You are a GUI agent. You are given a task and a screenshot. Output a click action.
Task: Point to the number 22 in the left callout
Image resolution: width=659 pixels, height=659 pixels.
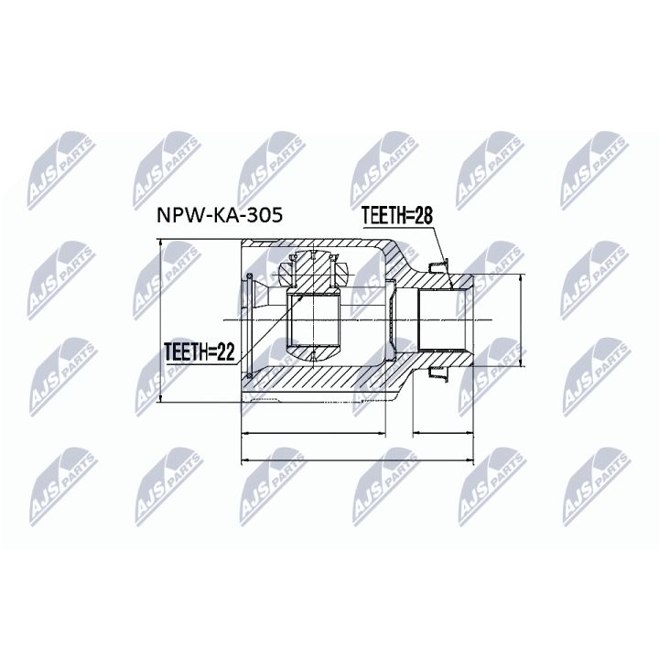point(217,350)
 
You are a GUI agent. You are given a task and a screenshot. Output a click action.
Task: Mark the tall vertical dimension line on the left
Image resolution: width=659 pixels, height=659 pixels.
point(160,320)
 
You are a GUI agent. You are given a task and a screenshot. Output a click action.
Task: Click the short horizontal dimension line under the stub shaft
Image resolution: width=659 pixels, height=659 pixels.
point(444,430)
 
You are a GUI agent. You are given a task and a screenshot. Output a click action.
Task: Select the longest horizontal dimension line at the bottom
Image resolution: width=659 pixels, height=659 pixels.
point(357,459)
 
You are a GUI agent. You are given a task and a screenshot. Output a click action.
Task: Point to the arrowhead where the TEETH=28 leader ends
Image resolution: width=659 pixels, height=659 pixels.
point(451,286)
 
